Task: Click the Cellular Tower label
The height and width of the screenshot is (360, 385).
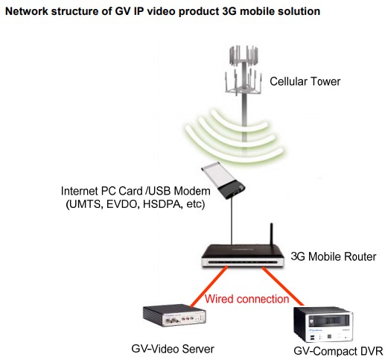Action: click(x=305, y=81)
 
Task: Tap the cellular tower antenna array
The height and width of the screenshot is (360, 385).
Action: click(x=244, y=70)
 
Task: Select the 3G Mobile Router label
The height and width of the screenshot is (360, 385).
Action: click(x=334, y=256)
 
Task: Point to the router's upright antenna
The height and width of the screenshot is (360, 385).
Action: click(x=272, y=234)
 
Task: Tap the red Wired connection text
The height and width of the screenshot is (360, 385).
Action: click(x=246, y=299)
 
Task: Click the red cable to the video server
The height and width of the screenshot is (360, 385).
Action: click(x=209, y=286)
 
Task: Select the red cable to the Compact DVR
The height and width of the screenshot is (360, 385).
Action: click(x=282, y=286)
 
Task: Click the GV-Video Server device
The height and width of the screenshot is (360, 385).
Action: click(x=174, y=315)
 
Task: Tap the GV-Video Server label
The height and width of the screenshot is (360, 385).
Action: click(x=173, y=349)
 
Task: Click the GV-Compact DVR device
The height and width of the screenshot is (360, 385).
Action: click(x=323, y=325)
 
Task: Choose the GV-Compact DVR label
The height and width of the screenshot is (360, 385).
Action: click(x=338, y=351)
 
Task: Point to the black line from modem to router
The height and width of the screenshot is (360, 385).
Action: click(x=232, y=221)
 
